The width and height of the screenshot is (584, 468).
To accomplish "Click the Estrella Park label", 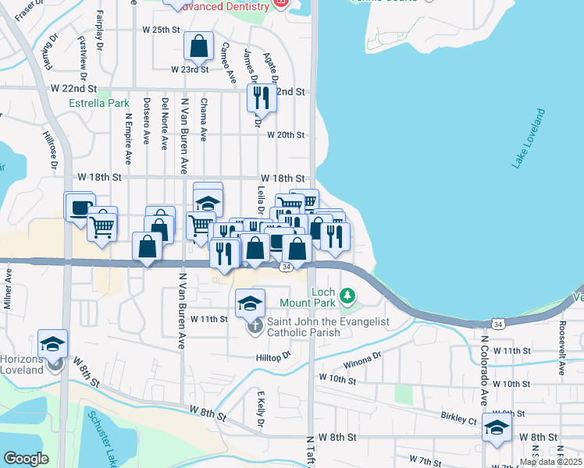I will point(98,103).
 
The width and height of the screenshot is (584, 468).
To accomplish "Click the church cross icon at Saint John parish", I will point(255,327).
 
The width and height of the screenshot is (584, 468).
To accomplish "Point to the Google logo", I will point(26,459).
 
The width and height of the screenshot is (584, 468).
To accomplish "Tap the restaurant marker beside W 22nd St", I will point(261,97).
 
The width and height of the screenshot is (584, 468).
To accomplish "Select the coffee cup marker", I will point(79,207).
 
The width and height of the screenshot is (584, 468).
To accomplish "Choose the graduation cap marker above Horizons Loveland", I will point(52,343).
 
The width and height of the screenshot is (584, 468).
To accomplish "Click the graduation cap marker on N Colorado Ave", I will point(497,427).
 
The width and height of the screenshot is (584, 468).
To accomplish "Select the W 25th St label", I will point(161,30).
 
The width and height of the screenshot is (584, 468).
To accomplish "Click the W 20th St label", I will point(284,135).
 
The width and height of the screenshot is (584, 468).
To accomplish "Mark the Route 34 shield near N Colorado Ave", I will point(498,323).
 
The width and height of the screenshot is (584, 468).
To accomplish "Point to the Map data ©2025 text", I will point(550,462).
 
